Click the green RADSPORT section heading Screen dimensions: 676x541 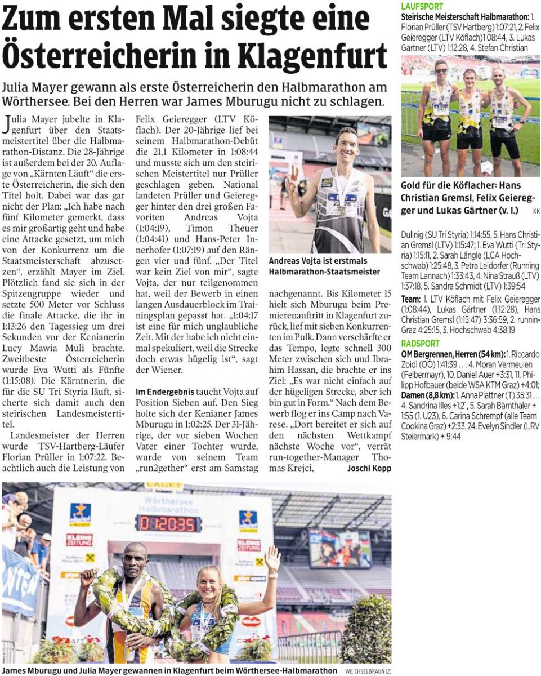tap(421, 344)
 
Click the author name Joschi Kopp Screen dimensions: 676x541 tap(369, 468)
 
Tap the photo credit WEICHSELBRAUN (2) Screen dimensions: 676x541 tap(365, 670)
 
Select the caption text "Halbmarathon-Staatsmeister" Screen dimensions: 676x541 tap(324, 272)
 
